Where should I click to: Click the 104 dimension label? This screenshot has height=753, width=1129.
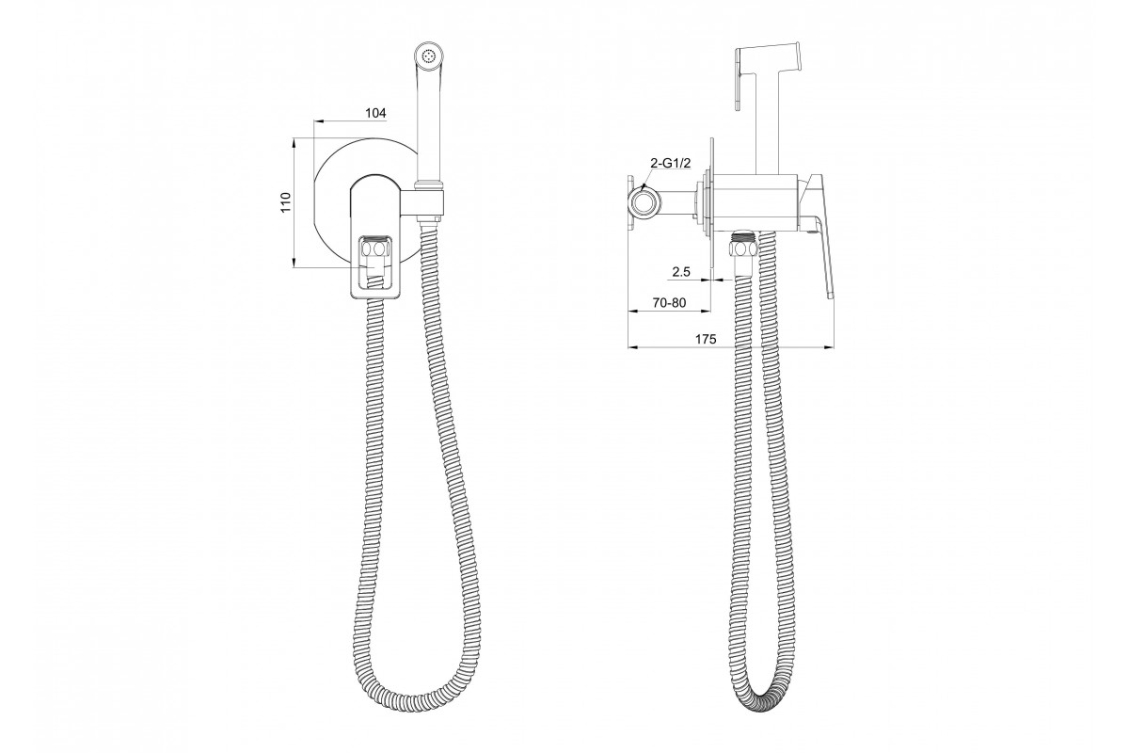pyautogui.click(x=375, y=113)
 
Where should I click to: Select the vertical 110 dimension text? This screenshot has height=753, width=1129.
pyautogui.click(x=286, y=202)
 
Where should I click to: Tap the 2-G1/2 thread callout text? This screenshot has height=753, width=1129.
pyautogui.click(x=670, y=163)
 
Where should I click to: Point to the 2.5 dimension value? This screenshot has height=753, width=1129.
pyautogui.click(x=680, y=272)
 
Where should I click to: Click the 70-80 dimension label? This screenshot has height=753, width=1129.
pyautogui.click(x=669, y=303)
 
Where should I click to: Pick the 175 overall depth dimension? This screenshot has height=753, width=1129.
pyautogui.click(x=706, y=339)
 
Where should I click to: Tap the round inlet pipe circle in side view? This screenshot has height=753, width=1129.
pyautogui.click(x=644, y=203)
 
